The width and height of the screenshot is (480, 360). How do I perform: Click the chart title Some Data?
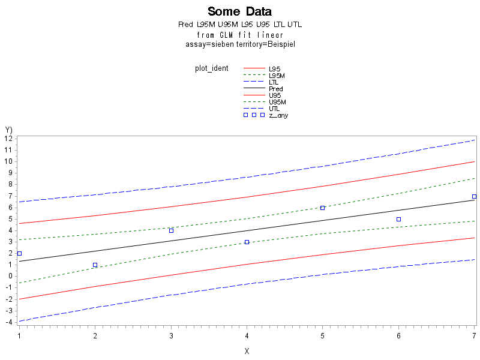click(x=239, y=11)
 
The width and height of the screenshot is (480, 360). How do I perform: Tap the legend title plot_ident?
click(x=211, y=68)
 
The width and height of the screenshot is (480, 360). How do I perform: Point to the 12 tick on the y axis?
click(x=9, y=139)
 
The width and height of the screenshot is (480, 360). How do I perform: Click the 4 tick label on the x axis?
click(x=247, y=335)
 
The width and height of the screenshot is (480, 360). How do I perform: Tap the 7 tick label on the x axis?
click(x=474, y=335)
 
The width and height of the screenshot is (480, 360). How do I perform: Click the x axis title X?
click(x=247, y=351)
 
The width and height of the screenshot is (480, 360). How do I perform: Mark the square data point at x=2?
click(x=95, y=265)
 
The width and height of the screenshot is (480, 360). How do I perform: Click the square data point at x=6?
click(x=398, y=219)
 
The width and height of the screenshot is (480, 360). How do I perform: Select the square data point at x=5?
click(x=322, y=208)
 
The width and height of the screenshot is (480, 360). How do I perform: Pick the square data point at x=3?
click(x=171, y=230)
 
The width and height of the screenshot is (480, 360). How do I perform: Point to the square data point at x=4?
click(x=247, y=242)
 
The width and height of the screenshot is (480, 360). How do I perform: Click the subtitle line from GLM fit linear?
click(x=239, y=35)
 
